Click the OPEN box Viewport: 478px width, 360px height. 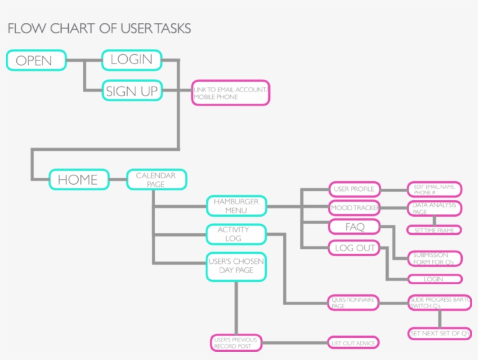point(36,61)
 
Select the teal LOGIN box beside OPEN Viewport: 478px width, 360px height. point(131,59)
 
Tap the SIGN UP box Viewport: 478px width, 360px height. point(131,91)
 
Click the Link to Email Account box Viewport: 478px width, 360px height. point(231,93)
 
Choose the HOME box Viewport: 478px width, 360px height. point(79,179)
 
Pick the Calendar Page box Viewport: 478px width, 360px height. point(157,179)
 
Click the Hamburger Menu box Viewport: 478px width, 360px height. point(236,206)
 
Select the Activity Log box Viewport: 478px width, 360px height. point(236,234)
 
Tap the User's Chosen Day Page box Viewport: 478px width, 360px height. point(236,266)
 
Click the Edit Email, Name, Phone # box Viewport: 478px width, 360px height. point(434,189)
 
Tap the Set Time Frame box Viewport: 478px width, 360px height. point(434,230)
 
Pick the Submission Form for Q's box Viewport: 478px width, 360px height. point(434,259)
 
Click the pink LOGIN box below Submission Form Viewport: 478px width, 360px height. point(434,279)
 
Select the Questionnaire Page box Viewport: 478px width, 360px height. point(353,302)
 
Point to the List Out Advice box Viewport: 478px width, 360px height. point(353,343)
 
